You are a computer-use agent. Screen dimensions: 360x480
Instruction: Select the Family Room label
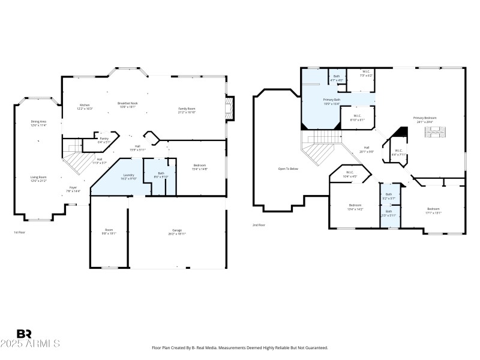pos(187,110)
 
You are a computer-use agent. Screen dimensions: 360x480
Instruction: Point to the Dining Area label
pos(39,123)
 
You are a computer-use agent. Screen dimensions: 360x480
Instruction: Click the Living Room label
pos(39,178)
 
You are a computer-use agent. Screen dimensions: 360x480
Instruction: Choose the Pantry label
pos(104,140)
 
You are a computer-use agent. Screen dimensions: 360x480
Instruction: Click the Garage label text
pos(177,231)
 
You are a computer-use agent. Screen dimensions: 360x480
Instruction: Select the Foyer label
pos(73,188)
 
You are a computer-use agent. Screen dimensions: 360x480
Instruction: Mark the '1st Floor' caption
pos(20,232)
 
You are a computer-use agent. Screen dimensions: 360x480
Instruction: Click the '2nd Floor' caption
pos(259,225)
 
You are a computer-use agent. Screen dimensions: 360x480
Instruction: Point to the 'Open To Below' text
pos(288,169)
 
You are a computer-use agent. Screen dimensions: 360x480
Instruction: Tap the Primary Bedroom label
pos(424,119)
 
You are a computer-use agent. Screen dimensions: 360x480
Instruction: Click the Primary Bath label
pos(332,101)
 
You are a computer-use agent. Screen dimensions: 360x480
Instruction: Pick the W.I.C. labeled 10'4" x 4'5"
pos(351,175)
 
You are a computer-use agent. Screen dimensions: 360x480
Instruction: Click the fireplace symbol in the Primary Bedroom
pos(436,133)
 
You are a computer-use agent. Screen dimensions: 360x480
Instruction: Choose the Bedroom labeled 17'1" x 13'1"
pos(433,210)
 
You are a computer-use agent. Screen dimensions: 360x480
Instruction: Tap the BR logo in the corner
pos(24,334)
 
